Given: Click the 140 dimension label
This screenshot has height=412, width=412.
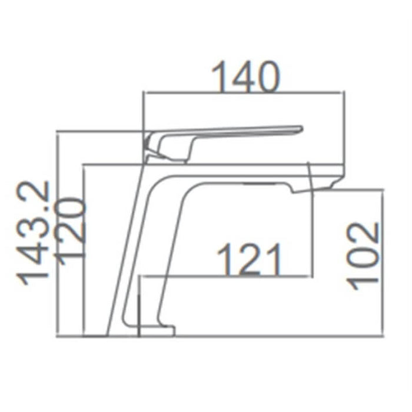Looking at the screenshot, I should (x=246, y=78).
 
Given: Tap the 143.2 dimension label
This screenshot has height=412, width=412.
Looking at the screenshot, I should (x=38, y=232).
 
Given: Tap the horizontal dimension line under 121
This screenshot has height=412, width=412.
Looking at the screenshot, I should (x=227, y=276).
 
